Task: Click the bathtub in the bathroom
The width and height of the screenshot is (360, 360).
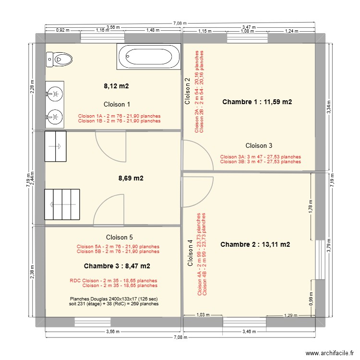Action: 148,56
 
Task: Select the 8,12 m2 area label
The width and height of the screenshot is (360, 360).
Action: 116,86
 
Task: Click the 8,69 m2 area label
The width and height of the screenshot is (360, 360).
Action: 131,178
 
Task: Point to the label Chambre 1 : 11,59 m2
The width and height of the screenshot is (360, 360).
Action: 257,102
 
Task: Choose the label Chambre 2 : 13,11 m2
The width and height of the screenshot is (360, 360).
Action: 255,244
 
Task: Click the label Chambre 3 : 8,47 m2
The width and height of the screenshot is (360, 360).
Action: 117,266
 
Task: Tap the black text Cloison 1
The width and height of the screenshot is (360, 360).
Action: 117,104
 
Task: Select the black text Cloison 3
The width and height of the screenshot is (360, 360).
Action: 259,145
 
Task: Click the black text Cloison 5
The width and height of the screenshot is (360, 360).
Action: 119,237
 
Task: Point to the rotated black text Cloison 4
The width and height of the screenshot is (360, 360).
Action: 191,253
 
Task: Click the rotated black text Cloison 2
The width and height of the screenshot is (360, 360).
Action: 188,91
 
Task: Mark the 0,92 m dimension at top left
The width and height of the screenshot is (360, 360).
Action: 63,30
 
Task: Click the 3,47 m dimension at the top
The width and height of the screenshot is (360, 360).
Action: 249,27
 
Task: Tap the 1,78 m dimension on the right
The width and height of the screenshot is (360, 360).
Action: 311,208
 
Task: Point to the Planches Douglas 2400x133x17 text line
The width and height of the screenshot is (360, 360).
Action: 114,298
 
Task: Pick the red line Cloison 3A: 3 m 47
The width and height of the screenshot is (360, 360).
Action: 260,156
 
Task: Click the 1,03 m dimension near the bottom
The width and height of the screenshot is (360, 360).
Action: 204,315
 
